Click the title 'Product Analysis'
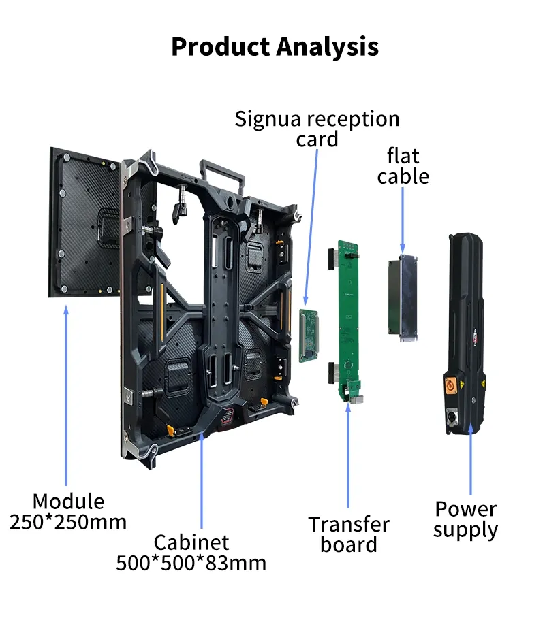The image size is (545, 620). click(275, 47)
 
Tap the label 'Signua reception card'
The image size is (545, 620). click(317, 129)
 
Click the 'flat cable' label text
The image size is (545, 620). click(403, 166)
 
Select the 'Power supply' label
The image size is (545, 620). click(465, 519)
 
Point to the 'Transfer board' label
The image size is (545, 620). click(349, 534)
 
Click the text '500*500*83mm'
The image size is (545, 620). click(191, 563)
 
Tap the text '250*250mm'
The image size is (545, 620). click(68, 522)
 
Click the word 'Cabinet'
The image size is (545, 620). click(191, 542)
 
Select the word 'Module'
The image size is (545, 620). click(68, 502)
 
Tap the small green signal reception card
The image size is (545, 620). click(309, 336)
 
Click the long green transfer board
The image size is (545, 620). click(348, 321)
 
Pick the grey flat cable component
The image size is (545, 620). click(403, 297)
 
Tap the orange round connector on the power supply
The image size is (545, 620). click(451, 385)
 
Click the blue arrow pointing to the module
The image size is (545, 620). click(66, 395)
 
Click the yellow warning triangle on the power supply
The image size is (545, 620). click(482, 383)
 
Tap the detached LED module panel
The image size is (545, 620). click(84, 223)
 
